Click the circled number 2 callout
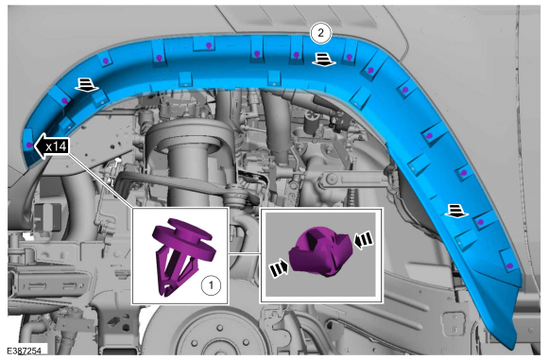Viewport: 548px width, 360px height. (320, 33)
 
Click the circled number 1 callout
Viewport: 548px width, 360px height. (211, 286)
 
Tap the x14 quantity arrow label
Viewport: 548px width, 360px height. (52, 146)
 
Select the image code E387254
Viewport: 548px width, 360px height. (25, 351)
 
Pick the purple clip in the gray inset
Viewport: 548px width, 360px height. (318, 251)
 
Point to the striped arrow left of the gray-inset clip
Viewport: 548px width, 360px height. (279, 268)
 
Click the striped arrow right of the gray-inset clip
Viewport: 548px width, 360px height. (364, 240)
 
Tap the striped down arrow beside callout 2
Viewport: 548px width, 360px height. (324, 60)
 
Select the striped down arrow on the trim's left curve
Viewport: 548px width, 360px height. (86, 85)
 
